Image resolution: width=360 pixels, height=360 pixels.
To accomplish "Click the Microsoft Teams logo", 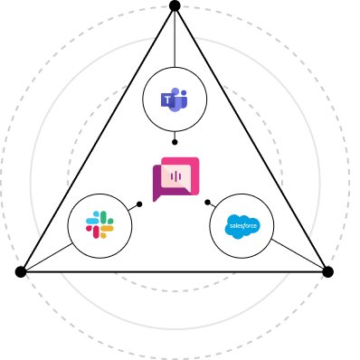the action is coord(175,99).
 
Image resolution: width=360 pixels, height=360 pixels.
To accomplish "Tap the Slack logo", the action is coord(99,225).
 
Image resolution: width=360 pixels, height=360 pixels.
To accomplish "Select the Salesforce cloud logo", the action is coord(242,226).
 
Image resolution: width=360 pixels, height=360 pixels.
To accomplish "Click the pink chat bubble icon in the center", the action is coord(176,179).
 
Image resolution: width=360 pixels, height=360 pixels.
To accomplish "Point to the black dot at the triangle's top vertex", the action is coord(175,5).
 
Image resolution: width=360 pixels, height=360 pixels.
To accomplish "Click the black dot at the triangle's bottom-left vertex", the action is coord(21,272).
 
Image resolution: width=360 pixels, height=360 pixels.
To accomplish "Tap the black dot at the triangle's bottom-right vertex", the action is coord(328,272).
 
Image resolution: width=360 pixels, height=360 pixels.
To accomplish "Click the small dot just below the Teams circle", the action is coord(175,142).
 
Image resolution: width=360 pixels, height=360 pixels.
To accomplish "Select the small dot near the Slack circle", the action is coord(139,204).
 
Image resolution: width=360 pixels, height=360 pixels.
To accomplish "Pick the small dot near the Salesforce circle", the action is coord(207,203).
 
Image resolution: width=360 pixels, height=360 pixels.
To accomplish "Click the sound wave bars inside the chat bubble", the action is coord(175,176).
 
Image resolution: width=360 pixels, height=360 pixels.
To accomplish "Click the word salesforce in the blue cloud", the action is coord(242,226).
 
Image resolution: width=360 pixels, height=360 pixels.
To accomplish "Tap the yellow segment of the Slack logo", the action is coord(106,231).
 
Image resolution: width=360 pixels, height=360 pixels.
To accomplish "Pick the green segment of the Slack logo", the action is coord(107,218).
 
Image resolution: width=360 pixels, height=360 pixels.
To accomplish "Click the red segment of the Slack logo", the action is coord(93,232).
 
